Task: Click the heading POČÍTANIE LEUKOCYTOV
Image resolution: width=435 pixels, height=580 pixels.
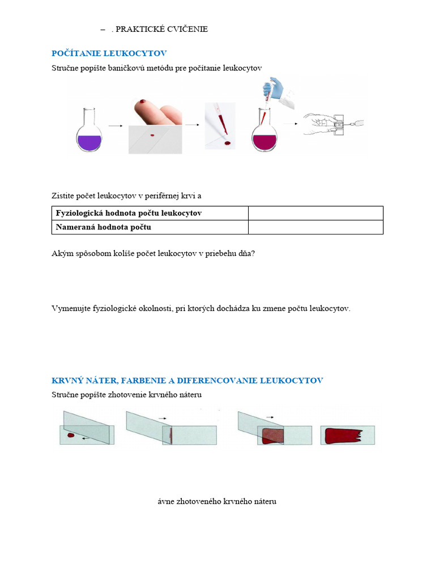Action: pyautogui.click(x=109, y=53)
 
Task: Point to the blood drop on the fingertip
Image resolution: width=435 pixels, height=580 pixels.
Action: pyautogui.click(x=143, y=101)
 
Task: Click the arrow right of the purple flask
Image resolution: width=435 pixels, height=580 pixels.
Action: pyautogui.click(x=116, y=126)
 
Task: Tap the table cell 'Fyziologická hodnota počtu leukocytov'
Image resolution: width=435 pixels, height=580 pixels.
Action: pyautogui.click(x=150, y=214)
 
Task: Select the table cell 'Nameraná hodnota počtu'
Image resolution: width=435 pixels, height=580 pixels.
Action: pyautogui.click(x=150, y=227)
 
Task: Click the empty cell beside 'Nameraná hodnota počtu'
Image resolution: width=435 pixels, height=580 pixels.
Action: pyautogui.click(x=315, y=227)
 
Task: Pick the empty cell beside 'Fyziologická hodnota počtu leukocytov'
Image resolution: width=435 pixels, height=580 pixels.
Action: pyautogui.click(x=315, y=214)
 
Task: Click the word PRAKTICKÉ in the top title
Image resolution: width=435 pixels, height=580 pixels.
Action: pyautogui.click(x=138, y=29)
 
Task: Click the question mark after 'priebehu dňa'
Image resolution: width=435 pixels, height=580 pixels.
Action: pyautogui.click(x=253, y=254)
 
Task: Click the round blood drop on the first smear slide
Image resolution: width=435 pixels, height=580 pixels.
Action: pyautogui.click(x=71, y=436)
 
